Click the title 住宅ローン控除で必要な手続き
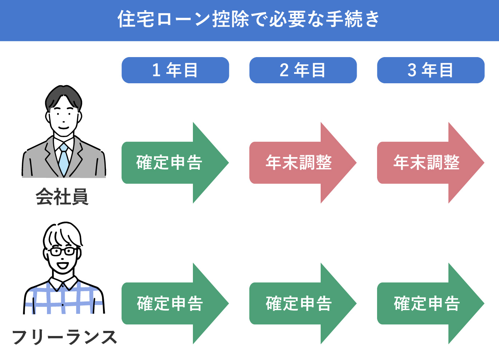[249, 19]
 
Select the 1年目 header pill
[175, 70]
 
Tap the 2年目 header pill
[303, 70]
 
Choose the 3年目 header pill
[431, 70]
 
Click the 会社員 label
[62, 197]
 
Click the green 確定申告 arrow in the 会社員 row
[170, 163]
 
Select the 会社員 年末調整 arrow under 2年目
[298, 163]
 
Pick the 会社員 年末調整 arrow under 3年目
[426, 163]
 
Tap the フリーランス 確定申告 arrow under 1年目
[170, 303]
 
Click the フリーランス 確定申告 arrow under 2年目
[298, 303]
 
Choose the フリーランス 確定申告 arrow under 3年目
[426, 303]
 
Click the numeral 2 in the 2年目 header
[284, 70]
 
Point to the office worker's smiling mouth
[64, 128]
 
